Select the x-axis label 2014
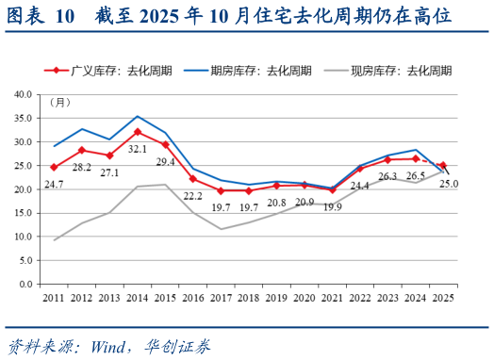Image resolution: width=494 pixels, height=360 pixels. point(138,297)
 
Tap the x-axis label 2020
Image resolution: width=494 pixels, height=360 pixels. point(305,297)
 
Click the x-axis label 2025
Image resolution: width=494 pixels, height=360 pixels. point(443,297)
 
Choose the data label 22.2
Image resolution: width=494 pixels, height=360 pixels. point(194,195)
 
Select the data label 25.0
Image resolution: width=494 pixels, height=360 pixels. point(449,184)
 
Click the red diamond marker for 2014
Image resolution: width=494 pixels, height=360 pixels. point(138,132)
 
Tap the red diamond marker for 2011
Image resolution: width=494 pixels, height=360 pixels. point(54,167)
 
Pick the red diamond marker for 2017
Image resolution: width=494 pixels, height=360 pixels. point(222,190)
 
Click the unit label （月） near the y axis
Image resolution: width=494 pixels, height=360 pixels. point(58,102)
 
